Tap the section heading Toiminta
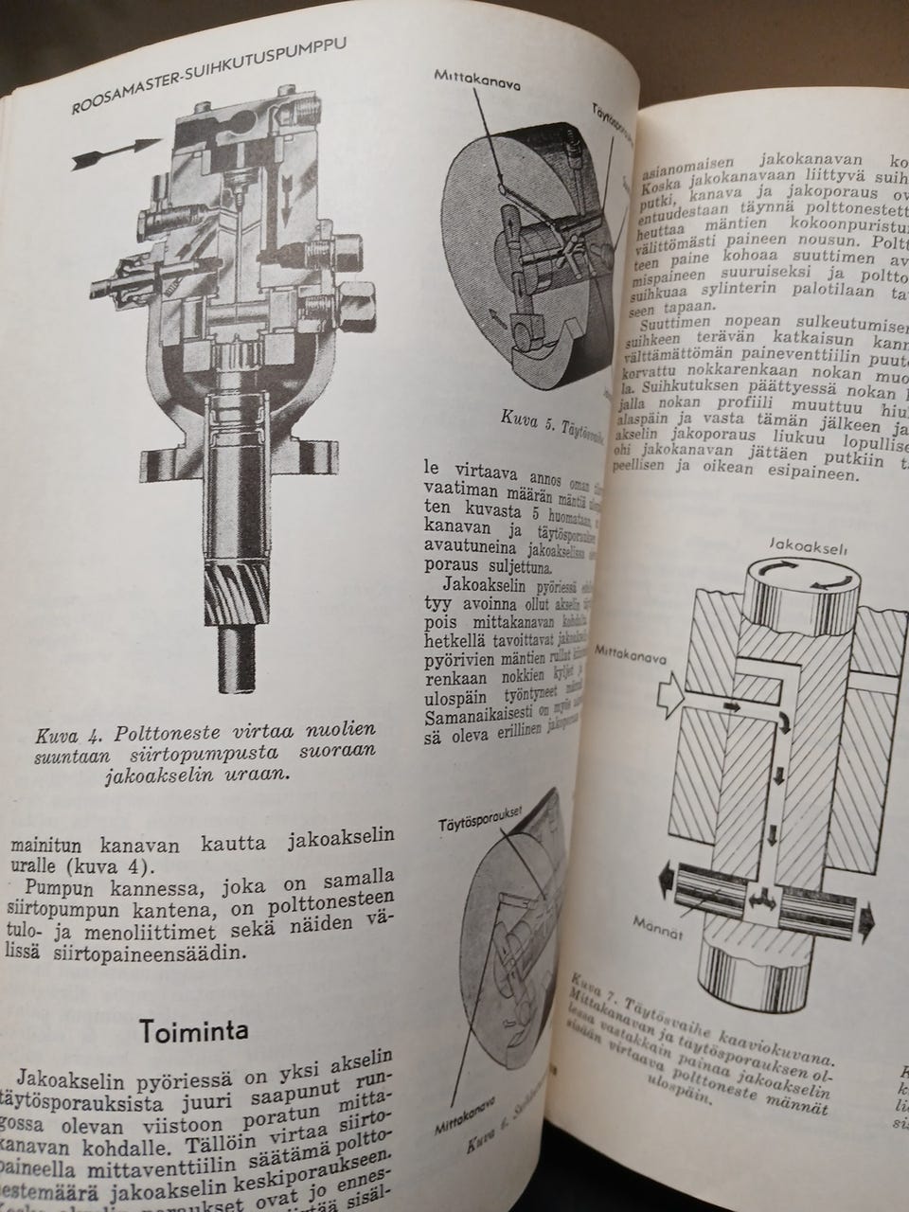pos(194,1030)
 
